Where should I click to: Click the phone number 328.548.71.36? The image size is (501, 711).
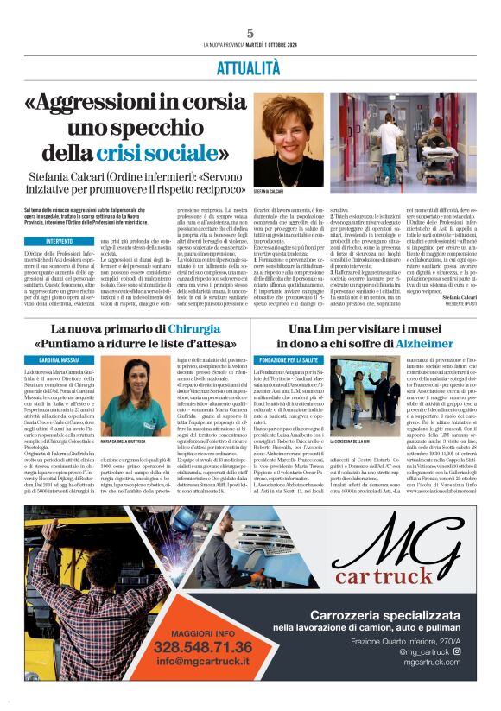pos(203,646)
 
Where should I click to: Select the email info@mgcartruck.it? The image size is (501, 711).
pos(203,663)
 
